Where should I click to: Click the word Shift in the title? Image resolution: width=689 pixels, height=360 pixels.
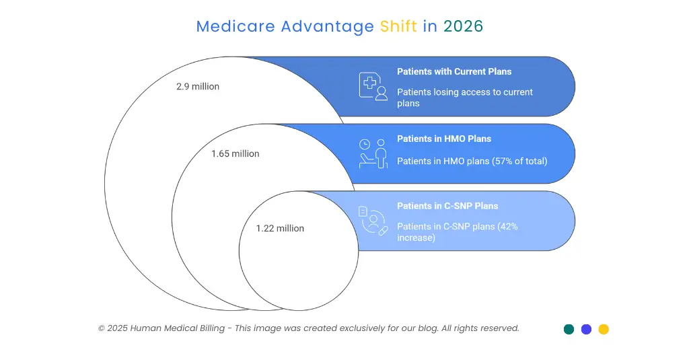(x=398, y=26)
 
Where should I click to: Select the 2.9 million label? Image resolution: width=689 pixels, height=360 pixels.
(x=198, y=87)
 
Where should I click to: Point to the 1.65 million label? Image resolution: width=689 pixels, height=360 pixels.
(x=235, y=154)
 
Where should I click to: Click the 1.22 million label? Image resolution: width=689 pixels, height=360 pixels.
(x=280, y=229)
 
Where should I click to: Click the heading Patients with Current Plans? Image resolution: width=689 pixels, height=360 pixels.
(x=454, y=72)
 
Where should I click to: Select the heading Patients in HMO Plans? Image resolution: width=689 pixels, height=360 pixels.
(x=444, y=139)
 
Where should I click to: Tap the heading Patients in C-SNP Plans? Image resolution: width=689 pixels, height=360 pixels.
(x=447, y=207)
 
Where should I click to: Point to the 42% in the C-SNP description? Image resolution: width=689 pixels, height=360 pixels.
(x=508, y=227)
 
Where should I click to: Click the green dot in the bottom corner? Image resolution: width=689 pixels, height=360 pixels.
(x=569, y=329)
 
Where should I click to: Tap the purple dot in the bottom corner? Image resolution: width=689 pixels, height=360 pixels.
(x=586, y=329)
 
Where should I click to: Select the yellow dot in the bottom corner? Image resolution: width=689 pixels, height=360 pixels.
(x=604, y=329)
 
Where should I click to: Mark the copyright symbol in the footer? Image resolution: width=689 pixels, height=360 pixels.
(x=102, y=328)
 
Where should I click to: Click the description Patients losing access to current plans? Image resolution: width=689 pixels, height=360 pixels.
(x=464, y=98)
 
